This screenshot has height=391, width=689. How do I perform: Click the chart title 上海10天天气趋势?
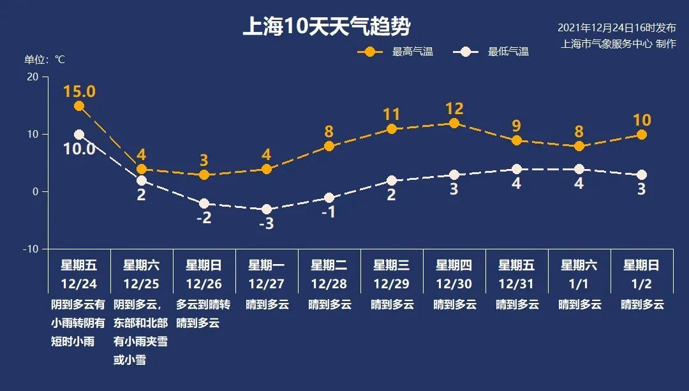click(326, 27)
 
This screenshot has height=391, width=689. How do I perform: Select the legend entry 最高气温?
click(413, 52)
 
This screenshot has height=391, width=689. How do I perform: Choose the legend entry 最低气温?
click(508, 52)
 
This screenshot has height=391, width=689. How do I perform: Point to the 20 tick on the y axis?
click(32, 77)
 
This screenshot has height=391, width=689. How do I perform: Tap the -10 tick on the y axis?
click(31, 249)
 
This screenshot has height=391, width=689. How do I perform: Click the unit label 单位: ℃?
click(45, 59)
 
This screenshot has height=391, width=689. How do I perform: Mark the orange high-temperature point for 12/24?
click(79, 106)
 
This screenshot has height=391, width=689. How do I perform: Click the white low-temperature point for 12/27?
click(267, 209)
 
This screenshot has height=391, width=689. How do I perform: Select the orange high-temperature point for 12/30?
click(454, 123)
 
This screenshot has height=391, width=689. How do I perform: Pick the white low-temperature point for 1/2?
click(642, 175)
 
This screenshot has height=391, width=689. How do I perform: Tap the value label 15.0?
click(79, 91)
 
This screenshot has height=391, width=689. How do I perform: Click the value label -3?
click(267, 225)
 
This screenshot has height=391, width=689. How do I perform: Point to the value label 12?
click(454, 108)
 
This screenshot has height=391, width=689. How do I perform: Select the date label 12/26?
click(204, 283)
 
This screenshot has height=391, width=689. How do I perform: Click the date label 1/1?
click(579, 283)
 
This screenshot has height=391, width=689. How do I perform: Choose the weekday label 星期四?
click(454, 265)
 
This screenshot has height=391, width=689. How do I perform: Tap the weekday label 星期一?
click(267, 265)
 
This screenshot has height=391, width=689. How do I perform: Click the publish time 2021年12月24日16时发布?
click(616, 27)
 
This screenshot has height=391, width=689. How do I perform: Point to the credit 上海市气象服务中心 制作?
click(618, 44)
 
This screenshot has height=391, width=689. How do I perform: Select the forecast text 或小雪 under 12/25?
click(130, 360)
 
